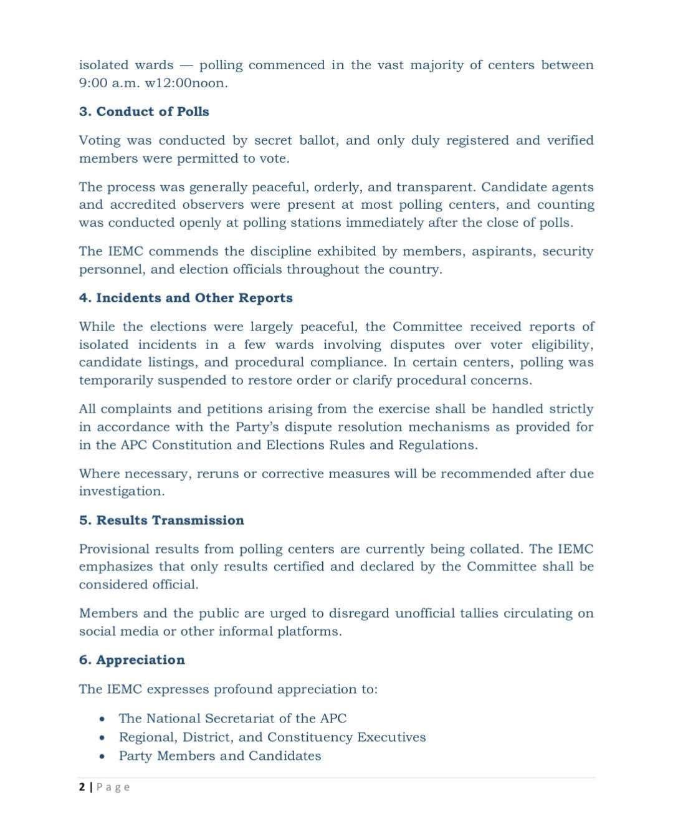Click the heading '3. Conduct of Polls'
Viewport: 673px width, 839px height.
144,112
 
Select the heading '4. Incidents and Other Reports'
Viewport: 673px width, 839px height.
186,298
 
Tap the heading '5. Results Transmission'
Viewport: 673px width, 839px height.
161,520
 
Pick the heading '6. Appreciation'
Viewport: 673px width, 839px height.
131,660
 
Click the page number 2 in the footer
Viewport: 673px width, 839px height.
82,787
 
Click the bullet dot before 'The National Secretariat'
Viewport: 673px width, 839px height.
102,719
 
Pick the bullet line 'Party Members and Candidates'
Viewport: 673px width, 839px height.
220,756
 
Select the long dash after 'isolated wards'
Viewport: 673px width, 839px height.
186,65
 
